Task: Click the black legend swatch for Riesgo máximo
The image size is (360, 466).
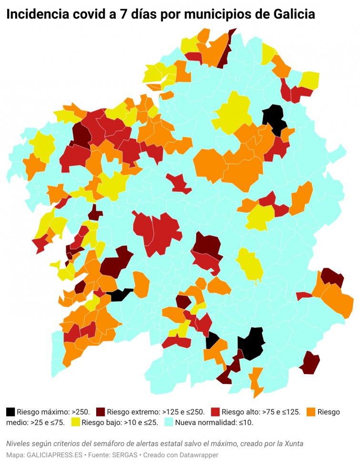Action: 10,412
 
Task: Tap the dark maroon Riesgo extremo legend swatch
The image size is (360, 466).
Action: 100,412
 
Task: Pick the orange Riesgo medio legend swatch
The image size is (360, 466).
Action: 311,412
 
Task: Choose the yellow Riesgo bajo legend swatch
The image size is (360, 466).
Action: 75,422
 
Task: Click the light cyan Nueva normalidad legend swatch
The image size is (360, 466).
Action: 169,422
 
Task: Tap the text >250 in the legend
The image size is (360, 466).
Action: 80,412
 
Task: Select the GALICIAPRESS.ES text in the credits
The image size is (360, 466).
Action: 53,455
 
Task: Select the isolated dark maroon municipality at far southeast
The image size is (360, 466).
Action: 310,363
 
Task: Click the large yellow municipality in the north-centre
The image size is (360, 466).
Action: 233,113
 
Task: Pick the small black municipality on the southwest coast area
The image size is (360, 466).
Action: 121,294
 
